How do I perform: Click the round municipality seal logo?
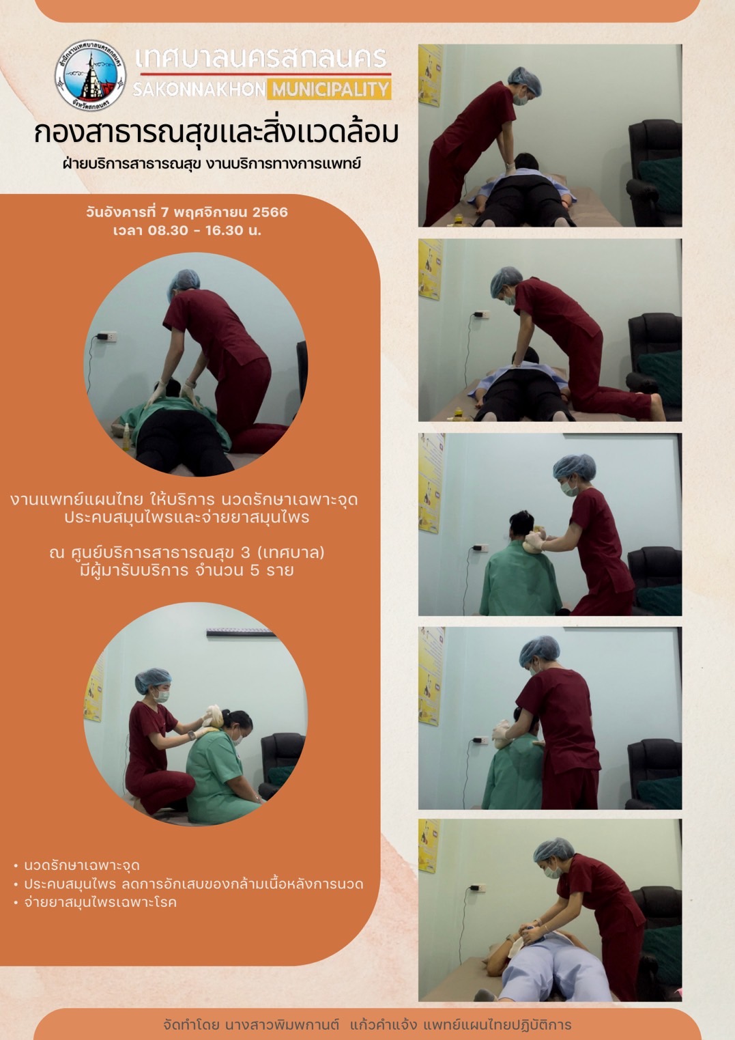[91, 76]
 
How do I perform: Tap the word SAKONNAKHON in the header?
[199, 89]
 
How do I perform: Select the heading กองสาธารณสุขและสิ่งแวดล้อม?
[216, 134]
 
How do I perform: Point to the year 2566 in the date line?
[270, 212]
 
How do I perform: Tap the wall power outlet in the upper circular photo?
[108, 336]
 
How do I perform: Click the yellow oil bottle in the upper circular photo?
[126, 437]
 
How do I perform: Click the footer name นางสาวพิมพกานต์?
[281, 1025]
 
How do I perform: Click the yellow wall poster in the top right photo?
[430, 75]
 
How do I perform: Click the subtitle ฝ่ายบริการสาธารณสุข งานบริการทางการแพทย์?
[212, 164]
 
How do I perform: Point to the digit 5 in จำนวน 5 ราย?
[255, 570]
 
